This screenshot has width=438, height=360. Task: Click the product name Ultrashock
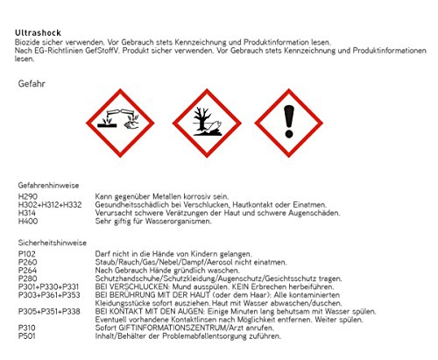pos(38,32)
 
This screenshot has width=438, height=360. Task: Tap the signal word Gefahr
pos(32,84)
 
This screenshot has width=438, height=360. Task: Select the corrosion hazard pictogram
pos(120,123)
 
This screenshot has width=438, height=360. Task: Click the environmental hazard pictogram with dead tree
pos(207,123)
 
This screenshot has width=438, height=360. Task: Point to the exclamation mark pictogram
pos(289,123)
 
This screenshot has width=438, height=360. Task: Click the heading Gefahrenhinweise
pos(48,186)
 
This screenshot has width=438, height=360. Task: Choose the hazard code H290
pos(28,196)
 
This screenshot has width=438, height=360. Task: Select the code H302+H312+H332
pos(50,205)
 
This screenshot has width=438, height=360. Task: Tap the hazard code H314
pos(26,213)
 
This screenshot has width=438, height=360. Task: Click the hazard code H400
pos(28,221)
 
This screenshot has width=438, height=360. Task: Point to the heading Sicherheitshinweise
pos(53,243)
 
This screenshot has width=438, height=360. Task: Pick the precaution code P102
pos(26,254)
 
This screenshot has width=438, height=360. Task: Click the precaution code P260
pos(27,262)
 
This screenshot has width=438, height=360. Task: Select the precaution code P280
pos(27,279)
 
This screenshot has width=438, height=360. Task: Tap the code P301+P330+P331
pos(48,286)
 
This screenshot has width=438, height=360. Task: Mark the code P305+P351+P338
pos(49,311)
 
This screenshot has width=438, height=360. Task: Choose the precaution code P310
pos(26,328)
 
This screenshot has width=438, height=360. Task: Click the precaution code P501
pos(26,335)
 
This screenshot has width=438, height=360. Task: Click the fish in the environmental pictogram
pos(215,125)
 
